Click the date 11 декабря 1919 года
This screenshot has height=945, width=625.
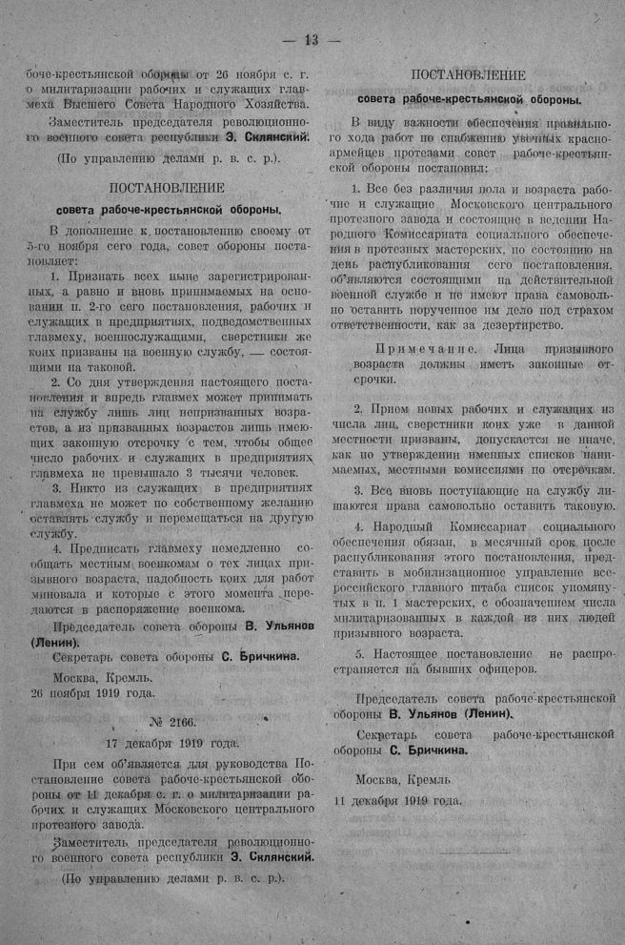[x=398, y=799]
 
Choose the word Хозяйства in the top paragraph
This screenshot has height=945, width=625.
[x=271, y=104]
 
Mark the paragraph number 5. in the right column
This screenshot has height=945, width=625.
[x=360, y=653]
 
